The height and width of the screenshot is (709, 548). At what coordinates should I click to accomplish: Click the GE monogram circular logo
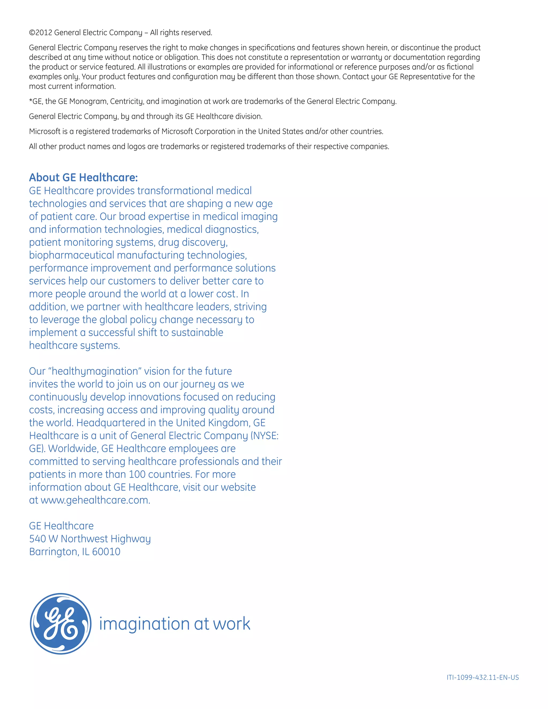[60, 624]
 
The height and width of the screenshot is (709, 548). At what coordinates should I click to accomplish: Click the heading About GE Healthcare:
[83, 178]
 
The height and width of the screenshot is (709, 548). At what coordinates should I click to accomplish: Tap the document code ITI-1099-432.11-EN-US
[482, 677]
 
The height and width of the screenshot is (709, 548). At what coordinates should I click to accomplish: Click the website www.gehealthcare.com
[95, 500]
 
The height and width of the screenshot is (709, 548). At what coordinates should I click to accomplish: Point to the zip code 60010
[106, 552]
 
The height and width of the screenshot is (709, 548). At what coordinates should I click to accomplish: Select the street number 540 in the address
[37, 539]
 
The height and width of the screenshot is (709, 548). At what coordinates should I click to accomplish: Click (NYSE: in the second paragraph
[264, 436]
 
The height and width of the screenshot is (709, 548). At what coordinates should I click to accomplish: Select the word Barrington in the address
[54, 552]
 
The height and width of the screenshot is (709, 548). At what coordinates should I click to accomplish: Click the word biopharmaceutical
[71, 255]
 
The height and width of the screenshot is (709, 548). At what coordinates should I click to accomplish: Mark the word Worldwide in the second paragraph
[73, 449]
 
